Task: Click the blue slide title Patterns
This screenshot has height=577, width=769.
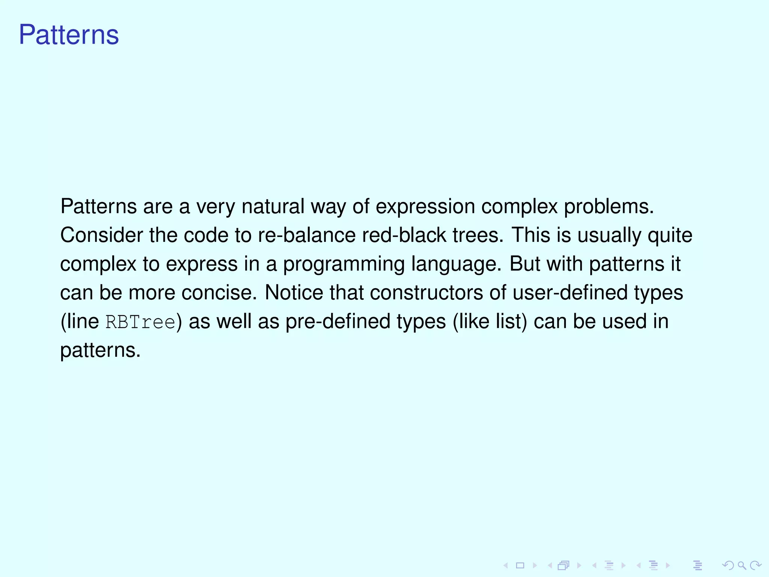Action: [69, 35]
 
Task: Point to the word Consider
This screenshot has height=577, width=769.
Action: [101, 236]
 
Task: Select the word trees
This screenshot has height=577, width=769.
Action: [477, 236]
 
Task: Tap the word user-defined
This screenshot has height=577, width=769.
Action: [570, 293]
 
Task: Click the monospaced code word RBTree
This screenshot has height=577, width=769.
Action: [140, 322]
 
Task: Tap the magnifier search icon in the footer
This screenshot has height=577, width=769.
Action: [742, 565]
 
